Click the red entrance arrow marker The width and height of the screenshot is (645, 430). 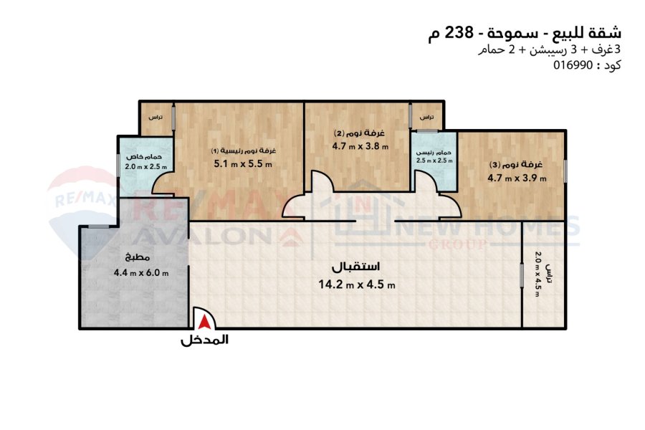(x=204, y=322)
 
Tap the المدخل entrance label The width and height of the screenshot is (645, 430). (x=204, y=340)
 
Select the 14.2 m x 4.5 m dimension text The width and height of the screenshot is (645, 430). (x=357, y=285)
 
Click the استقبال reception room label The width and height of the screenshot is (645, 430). (x=355, y=267)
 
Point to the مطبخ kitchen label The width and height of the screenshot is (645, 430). (x=138, y=257)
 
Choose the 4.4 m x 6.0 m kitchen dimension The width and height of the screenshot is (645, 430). (x=141, y=272)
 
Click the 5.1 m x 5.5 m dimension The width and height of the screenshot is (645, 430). (x=243, y=164)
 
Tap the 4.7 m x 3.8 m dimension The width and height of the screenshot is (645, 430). (x=360, y=145)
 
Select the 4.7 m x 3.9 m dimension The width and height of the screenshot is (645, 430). (x=517, y=178)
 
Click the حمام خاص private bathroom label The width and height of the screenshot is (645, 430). (x=144, y=157)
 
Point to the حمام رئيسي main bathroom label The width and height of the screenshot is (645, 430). (x=434, y=152)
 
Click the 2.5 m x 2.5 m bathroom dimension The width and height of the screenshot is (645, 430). (x=434, y=161)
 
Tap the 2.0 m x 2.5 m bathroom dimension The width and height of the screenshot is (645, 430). (x=146, y=167)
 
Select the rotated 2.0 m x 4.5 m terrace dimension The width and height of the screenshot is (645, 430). (x=537, y=274)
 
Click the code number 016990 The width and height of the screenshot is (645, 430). (x=573, y=65)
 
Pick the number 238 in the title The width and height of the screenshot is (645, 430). (x=459, y=32)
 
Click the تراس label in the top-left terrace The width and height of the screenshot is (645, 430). (x=156, y=118)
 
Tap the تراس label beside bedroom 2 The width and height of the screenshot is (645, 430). (x=426, y=118)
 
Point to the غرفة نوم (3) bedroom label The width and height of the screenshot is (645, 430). (x=516, y=164)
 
